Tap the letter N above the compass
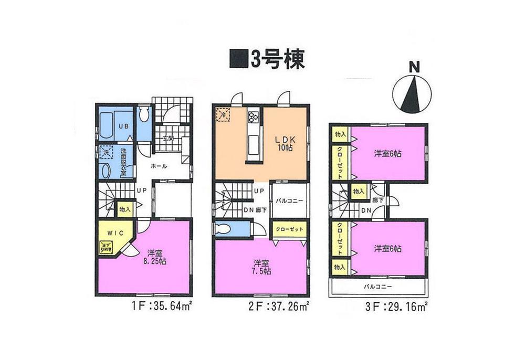click(414, 67)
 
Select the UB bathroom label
click(122, 126)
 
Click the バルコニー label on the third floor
click(379, 287)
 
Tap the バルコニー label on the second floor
click(288, 200)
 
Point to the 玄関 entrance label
click(167, 139)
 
